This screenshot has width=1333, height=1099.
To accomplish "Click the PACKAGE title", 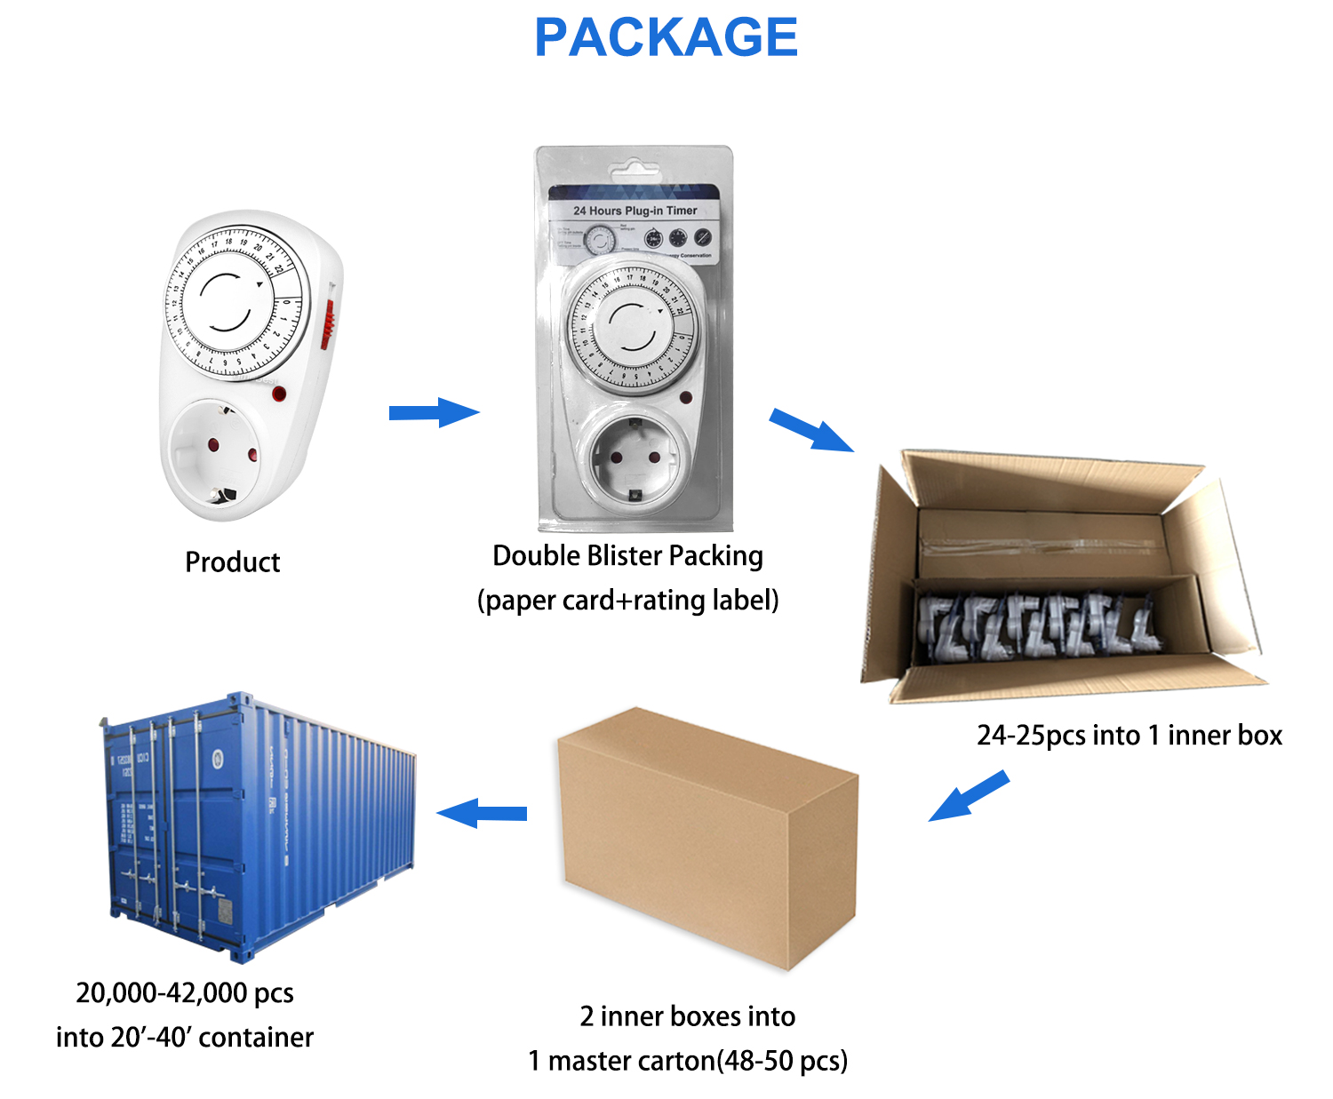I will pos(666,37).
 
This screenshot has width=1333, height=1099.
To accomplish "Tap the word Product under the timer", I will pos(232,561).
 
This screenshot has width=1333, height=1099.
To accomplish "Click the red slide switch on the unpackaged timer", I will pos(327,323).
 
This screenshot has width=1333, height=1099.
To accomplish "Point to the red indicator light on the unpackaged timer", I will pos(279,394).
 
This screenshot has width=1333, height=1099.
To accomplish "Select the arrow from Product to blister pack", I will pos(434,412).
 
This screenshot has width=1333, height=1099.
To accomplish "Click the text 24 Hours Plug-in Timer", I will pos(635,211).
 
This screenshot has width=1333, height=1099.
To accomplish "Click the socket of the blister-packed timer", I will pos(635,457).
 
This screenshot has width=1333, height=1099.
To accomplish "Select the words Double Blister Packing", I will pos(627,555).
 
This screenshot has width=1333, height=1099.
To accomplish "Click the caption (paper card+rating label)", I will pos(627,600).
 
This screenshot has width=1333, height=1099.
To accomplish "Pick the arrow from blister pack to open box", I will pos(810,430).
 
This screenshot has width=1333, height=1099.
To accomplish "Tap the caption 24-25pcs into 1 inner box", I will pos(1129,735).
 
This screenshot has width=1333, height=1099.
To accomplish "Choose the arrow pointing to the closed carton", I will pos(968,796).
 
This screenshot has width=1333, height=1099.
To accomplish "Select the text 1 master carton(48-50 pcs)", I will pos(688,1060).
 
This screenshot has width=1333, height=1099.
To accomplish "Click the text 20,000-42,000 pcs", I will pos(185,992).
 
